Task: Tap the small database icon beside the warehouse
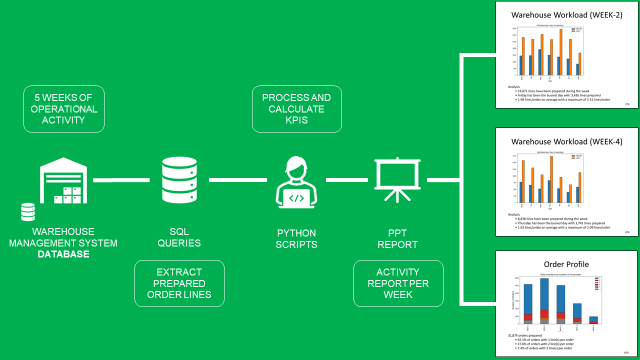pyautogui.click(x=28, y=212)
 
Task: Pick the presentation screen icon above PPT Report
pyautogui.click(x=395, y=180)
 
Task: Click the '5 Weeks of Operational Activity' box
pyautogui.click(x=66, y=109)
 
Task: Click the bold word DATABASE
pyautogui.click(x=63, y=254)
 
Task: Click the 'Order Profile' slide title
pyautogui.click(x=566, y=265)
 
